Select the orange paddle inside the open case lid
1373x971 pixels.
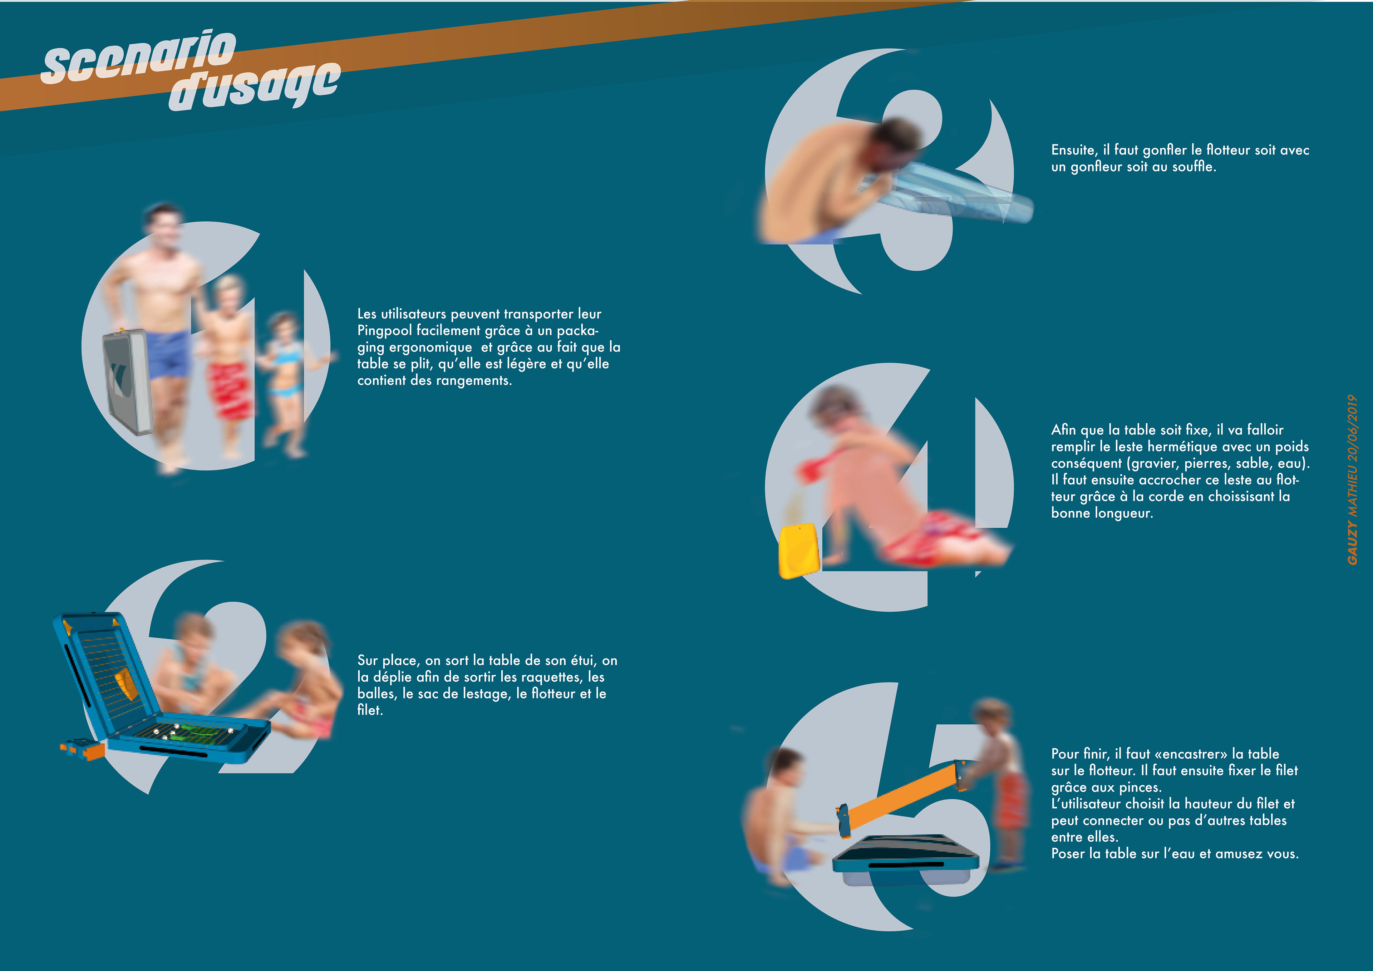coord(127,684)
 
